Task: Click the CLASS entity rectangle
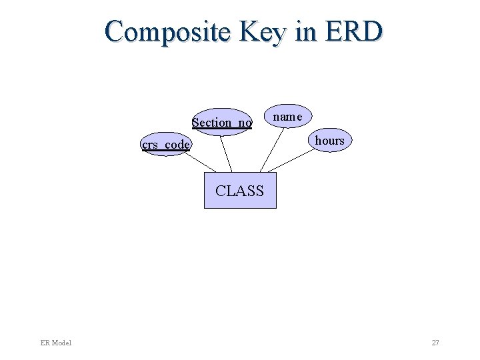(240, 199)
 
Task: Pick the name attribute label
(287, 117)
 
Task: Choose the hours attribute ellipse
(329, 141)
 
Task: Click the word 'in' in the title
(304, 31)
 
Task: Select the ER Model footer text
(55, 343)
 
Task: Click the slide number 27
(435, 343)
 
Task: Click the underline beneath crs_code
(166, 151)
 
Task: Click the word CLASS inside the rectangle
(240, 191)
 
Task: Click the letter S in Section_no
(195, 122)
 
